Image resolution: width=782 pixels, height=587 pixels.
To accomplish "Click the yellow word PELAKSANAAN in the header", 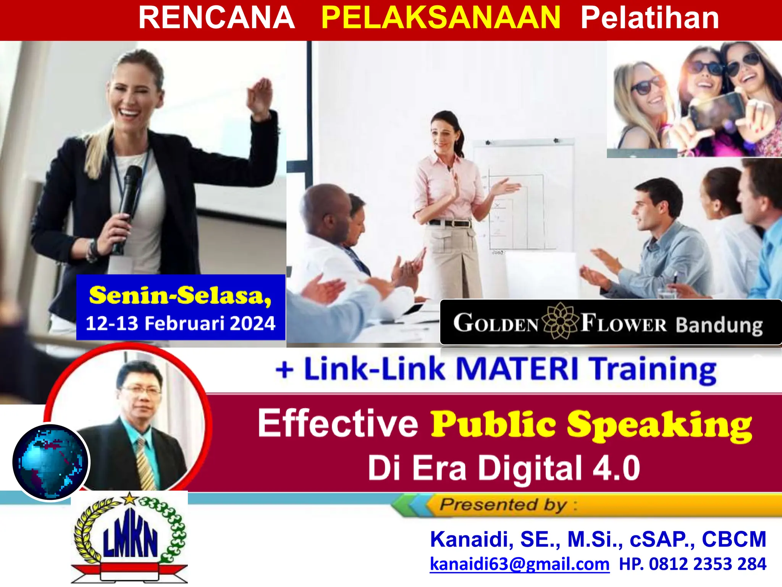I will (441, 18).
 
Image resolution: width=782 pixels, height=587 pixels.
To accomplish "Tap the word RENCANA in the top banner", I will (217, 18).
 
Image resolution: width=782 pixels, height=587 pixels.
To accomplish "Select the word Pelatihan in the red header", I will (650, 18).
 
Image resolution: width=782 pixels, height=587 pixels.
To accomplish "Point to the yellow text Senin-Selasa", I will (180, 295).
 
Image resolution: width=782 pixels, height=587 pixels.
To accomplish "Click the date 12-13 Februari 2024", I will (180, 323).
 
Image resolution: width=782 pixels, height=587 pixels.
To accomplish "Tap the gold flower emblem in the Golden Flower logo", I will (560, 321).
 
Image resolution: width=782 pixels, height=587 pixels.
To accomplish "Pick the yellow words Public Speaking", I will (591, 425).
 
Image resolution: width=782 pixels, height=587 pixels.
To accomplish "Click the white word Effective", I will (338, 423).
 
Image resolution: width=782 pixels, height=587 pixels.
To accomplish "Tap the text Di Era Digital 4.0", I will (504, 468).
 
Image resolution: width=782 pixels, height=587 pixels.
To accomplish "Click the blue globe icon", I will (50, 462).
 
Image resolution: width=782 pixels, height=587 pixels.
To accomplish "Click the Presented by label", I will (503, 505).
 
